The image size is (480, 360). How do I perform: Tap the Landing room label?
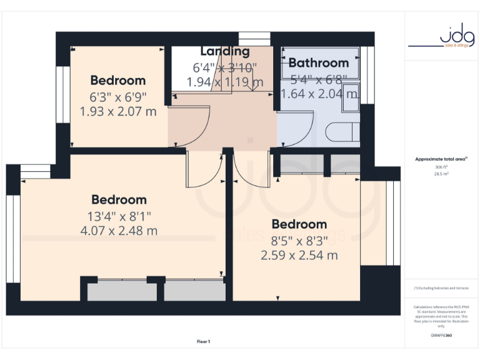[224, 51]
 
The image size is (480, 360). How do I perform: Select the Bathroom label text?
[318, 62]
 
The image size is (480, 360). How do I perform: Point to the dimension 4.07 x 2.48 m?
[119, 231]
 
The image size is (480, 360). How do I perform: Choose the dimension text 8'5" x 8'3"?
[299, 240]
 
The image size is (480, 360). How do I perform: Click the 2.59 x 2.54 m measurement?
[299, 255]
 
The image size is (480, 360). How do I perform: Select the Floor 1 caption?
[203, 341]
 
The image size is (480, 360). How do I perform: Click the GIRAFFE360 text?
[441, 336]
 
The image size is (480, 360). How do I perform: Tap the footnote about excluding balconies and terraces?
[441, 288]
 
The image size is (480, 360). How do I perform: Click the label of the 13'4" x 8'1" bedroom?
[119, 200]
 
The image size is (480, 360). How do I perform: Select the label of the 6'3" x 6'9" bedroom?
[118, 81]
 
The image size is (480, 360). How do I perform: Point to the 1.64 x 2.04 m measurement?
[319, 94]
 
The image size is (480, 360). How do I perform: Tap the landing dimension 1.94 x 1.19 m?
[224, 82]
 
